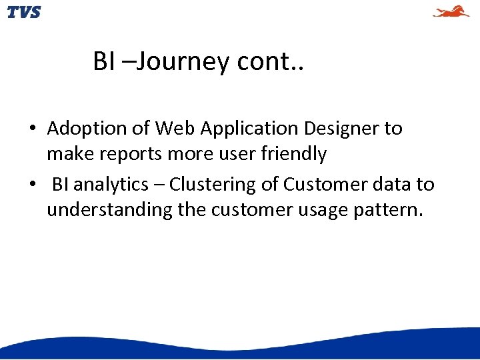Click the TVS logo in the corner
tap(23, 12)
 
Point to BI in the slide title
tap(104, 62)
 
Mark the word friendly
tap(293, 154)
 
